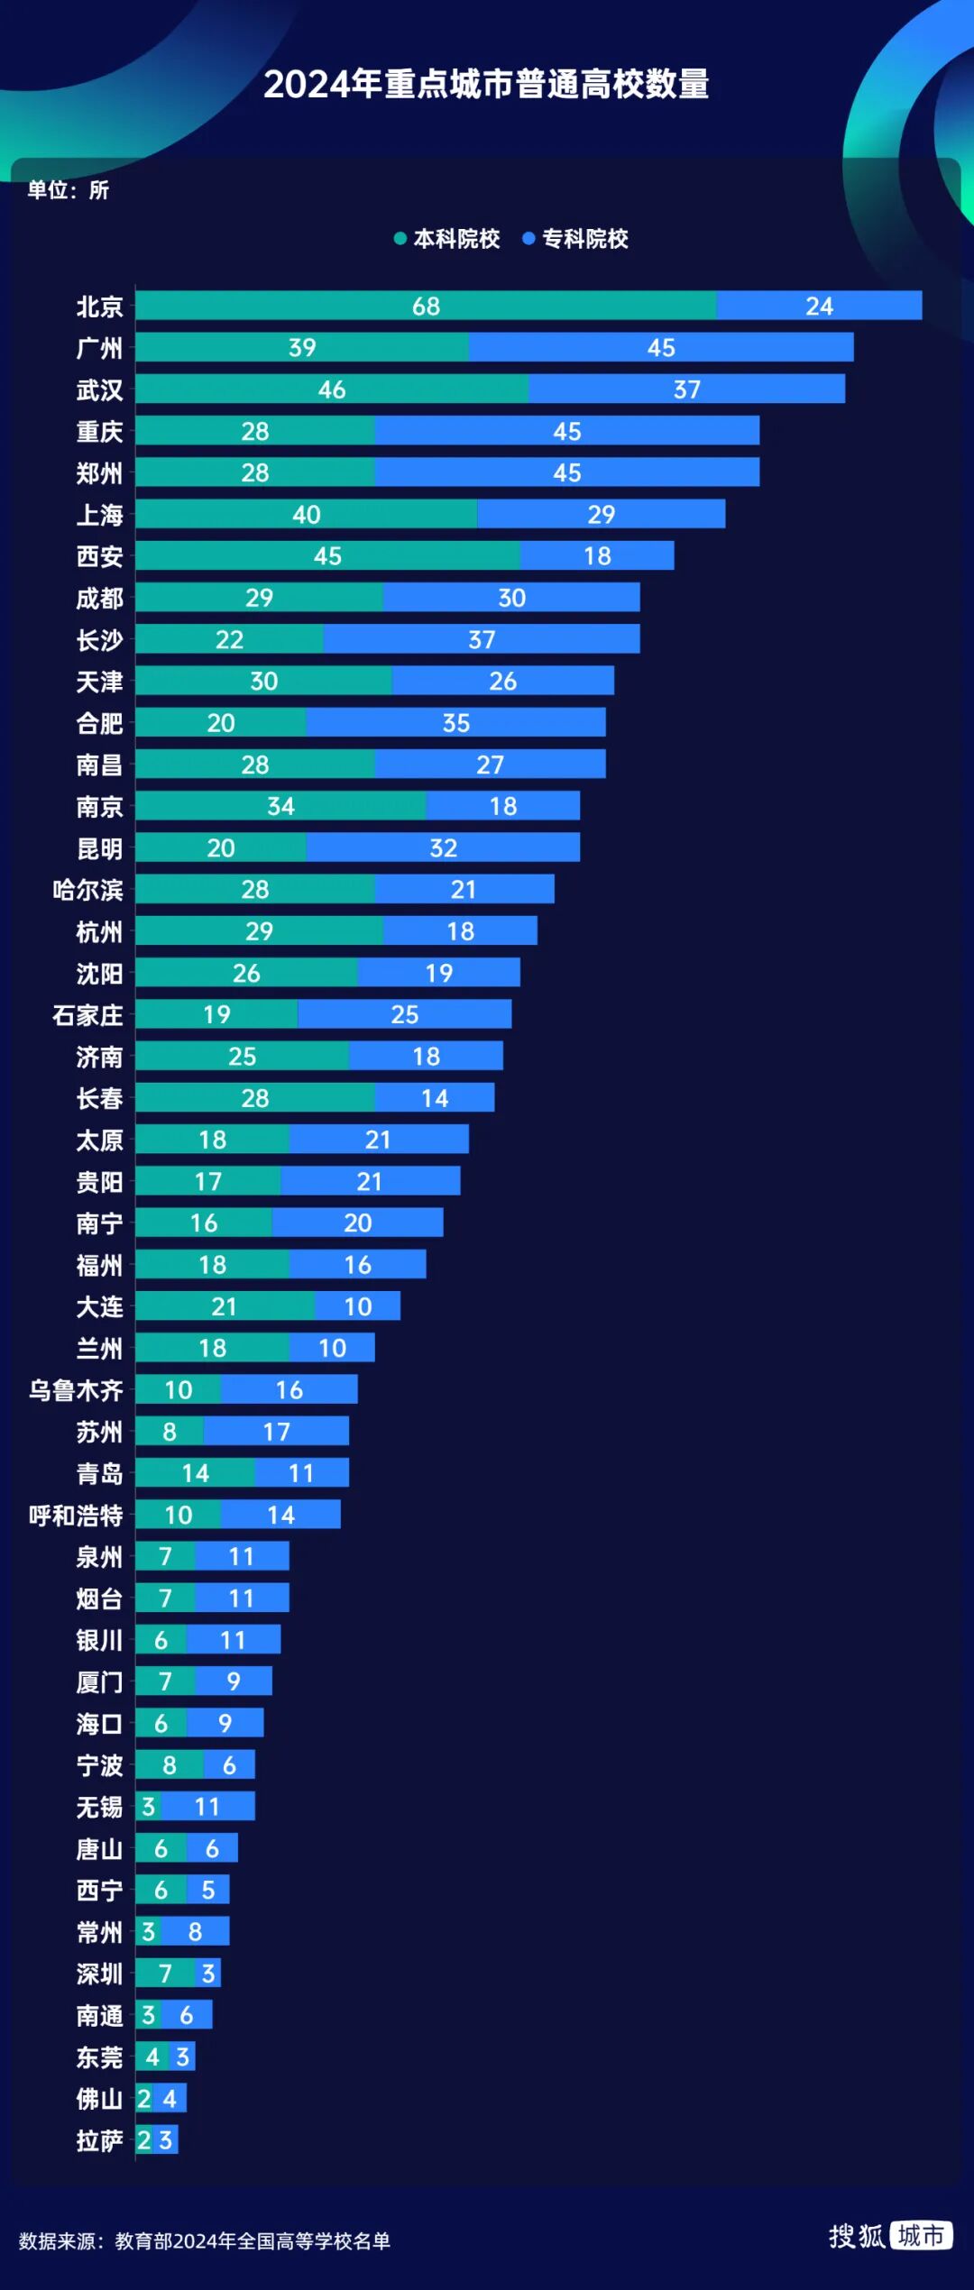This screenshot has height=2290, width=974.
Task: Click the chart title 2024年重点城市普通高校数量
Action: [x=486, y=85]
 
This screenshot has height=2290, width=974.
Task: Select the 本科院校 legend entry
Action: [x=447, y=239]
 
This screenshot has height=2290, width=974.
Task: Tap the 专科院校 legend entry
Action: [x=576, y=239]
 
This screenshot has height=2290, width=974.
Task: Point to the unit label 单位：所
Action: [x=69, y=190]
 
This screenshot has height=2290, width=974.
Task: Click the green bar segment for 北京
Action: [x=426, y=306]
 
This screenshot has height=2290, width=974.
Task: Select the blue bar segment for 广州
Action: [x=660, y=347]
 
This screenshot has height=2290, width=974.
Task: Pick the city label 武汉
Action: [x=99, y=389]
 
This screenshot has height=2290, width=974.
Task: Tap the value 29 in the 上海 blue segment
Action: [x=601, y=514]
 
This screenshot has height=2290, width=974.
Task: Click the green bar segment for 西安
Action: [x=327, y=555]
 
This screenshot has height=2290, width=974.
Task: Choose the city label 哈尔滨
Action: [x=87, y=890]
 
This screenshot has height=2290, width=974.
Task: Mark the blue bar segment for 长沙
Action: [x=482, y=639]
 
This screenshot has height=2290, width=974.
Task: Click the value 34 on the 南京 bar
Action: [x=280, y=806]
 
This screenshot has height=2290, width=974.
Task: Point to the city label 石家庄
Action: [x=87, y=1015]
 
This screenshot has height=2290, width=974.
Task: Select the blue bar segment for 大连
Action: [x=357, y=1306]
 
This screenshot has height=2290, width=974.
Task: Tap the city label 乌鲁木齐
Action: [x=76, y=1390]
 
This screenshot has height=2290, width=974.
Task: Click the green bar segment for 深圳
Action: [x=165, y=1974]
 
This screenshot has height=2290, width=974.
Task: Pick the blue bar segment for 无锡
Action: [x=207, y=1807]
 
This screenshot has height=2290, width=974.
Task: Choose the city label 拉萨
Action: [x=99, y=2140]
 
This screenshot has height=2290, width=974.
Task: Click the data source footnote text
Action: [x=205, y=2241]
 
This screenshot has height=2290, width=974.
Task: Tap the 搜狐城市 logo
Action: [x=890, y=2236]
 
